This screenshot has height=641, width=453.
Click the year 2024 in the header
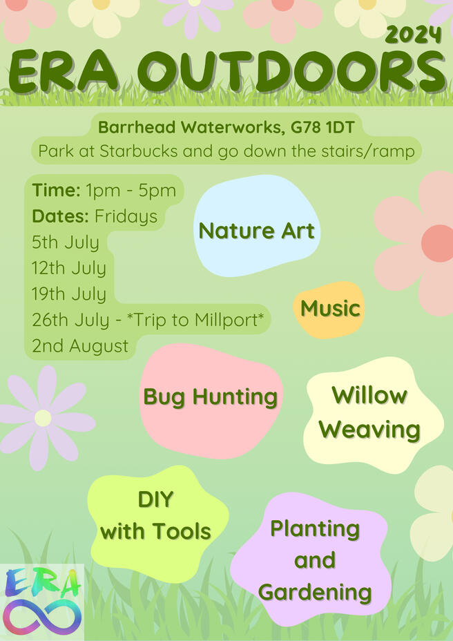[414, 35]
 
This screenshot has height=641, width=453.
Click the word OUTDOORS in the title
[294, 71]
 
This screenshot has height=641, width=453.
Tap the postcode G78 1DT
[323, 128]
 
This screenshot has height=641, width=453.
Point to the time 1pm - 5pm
[131, 191]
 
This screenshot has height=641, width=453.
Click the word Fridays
[126, 217]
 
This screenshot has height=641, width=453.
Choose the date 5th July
[66, 243]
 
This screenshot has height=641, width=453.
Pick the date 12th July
[68, 269]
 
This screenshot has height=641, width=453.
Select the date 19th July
[68, 294]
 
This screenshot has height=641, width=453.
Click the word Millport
[226, 320]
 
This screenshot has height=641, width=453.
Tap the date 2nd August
[80, 346]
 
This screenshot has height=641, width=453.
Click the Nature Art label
[256, 231]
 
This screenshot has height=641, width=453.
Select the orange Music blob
[329, 309]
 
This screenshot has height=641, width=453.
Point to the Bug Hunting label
[210, 397]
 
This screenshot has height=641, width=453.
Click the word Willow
[369, 395]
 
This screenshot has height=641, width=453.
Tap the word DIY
[156, 499]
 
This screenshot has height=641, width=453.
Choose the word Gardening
[315, 593]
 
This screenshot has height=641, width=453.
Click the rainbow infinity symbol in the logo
[42, 616]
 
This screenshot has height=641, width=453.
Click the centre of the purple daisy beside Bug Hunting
[43, 418]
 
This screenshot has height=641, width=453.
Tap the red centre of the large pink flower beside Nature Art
[438, 243]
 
